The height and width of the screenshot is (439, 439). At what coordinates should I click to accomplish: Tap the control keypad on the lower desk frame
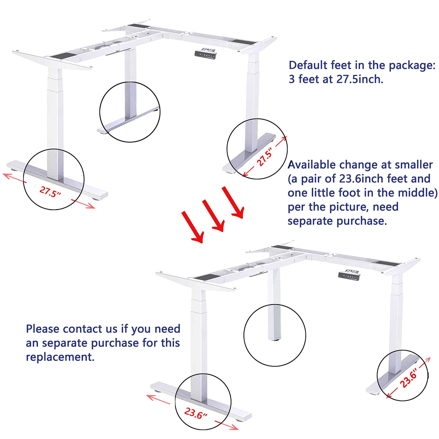(349, 275)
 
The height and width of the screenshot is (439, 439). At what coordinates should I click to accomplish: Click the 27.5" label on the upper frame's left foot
(50, 192)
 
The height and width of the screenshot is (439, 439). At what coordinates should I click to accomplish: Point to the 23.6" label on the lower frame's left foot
(195, 413)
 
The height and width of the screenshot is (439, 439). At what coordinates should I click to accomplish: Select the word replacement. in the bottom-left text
(60, 357)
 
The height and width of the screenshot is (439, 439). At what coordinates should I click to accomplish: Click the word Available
(312, 165)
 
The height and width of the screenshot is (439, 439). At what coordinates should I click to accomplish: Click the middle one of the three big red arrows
(214, 215)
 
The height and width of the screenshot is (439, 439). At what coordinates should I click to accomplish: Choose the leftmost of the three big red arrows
(193, 227)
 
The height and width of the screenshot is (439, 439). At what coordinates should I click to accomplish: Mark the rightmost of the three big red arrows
(233, 202)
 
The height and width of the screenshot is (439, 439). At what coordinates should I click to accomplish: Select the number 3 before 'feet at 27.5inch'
(292, 80)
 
